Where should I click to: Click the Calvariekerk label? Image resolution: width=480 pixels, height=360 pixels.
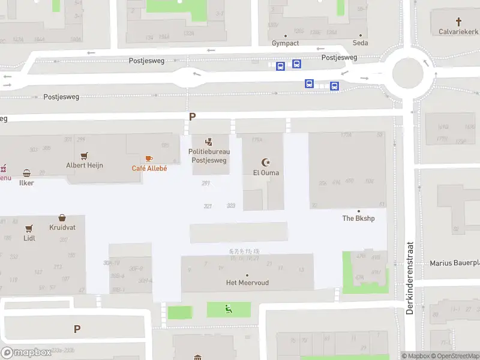coord(458,31)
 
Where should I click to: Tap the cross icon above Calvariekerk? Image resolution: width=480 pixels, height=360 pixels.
coord(458,21)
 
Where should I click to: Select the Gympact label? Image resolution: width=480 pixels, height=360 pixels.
coord(285,43)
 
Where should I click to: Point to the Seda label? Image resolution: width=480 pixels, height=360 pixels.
coord(360,43)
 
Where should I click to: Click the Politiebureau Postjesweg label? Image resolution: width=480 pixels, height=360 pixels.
coord(209,156)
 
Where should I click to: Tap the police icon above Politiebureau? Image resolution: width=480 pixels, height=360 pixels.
coord(209,142)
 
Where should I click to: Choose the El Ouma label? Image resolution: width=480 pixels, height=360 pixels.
coord(266,173)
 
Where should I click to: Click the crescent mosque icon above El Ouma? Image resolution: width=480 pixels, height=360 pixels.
coord(266,162)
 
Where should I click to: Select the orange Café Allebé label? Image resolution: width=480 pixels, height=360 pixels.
coord(149,168)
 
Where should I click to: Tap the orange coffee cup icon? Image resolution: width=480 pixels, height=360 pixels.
coord(149,158)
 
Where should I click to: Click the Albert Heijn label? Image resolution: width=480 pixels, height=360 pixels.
coord(85,165)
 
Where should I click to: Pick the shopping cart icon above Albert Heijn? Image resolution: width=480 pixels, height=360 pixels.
coord(85,155)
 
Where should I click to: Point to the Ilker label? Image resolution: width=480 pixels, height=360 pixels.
coord(26,183)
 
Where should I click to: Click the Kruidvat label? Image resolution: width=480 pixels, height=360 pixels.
coord(62,228)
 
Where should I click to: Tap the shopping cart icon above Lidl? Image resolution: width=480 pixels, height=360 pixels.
coord(29,229)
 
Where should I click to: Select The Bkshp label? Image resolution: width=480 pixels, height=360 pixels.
coord(358,218)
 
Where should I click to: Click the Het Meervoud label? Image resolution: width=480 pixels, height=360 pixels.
coord(247,283)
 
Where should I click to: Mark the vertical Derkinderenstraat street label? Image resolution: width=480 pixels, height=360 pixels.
coord(410,278)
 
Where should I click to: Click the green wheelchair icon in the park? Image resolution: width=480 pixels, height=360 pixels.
coord(229,309)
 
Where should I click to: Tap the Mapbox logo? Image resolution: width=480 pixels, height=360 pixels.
coord(26,353)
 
